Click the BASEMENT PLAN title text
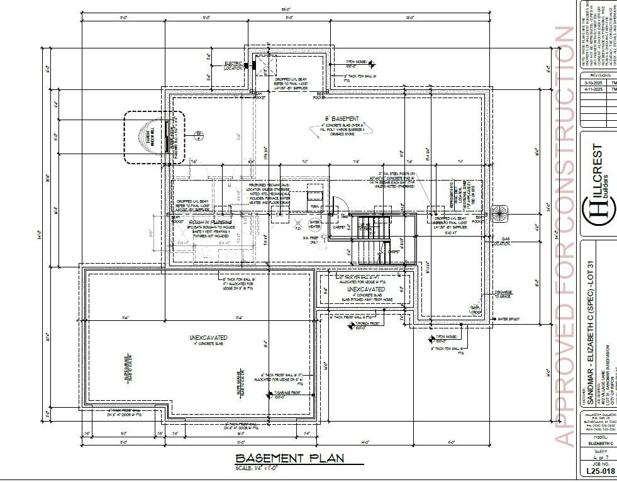[289, 458]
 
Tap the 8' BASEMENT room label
[342, 118]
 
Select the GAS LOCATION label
[500, 241]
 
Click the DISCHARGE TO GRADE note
[503, 294]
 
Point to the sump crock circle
[476, 310]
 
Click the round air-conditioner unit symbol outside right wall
[499, 213]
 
